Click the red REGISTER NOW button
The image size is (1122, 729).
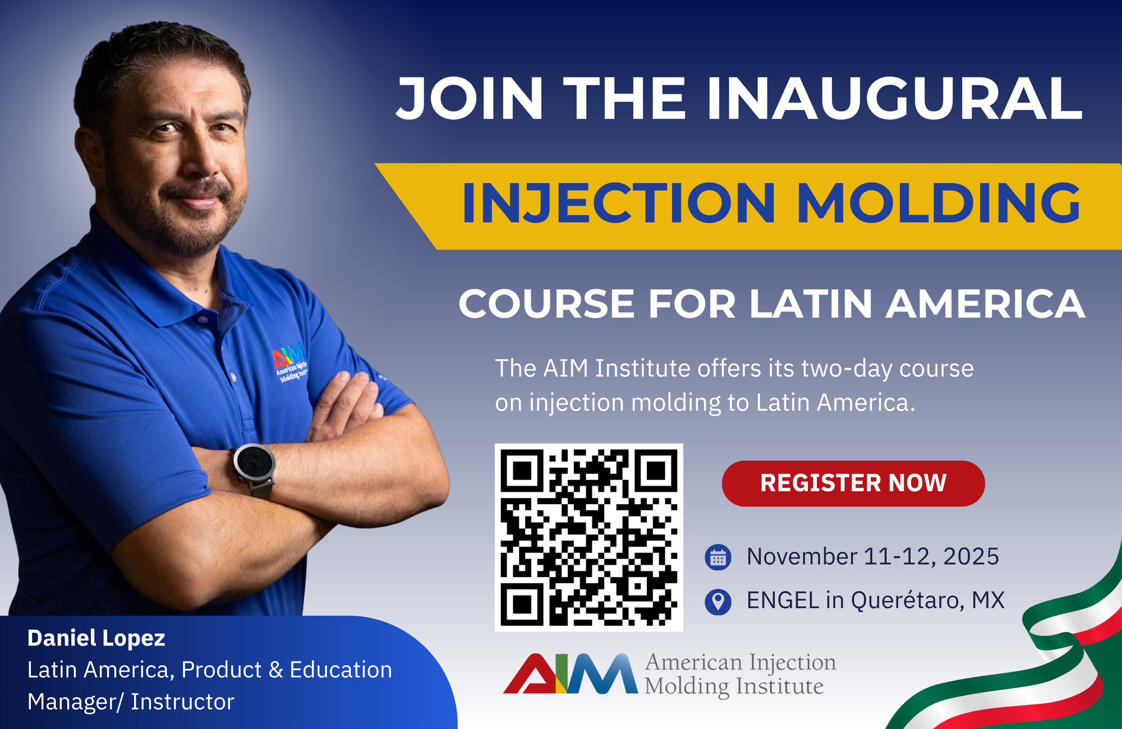[853, 483]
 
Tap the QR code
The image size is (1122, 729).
[588, 537]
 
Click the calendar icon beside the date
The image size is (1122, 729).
[718, 557]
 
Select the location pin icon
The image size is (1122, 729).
[718, 601]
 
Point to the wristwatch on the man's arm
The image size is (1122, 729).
[254, 464]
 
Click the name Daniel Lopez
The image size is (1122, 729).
[96, 638]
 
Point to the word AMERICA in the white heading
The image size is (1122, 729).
[985, 304]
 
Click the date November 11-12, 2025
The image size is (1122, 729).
[872, 557]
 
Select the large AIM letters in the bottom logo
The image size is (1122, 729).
[570, 674]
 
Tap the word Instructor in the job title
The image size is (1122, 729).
[182, 702]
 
